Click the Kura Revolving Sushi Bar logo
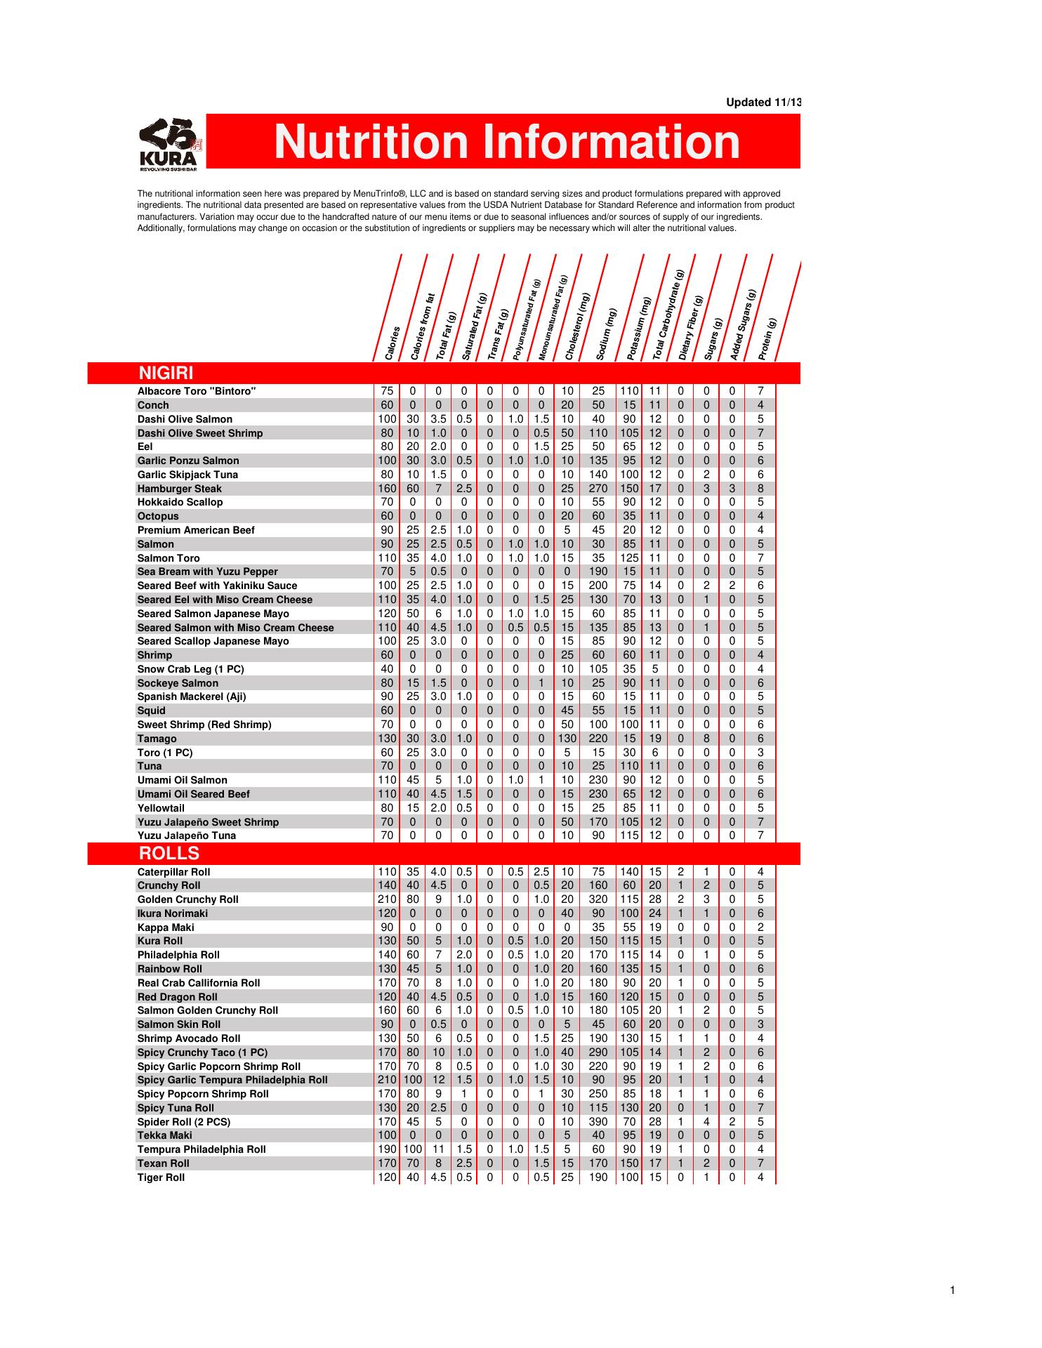171,144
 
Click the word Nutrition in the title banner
370,142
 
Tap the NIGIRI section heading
166,373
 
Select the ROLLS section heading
169,854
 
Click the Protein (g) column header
767,339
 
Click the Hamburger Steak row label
179,489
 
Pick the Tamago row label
157,739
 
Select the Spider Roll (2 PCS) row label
183,1122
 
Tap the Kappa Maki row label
166,927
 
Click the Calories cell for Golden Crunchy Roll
387,899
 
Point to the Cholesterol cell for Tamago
567,739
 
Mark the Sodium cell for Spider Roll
598,1122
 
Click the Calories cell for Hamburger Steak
387,489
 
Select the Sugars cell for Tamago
706,739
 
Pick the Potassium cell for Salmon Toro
629,558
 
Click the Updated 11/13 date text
763,103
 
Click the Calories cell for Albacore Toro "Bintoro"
387,391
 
